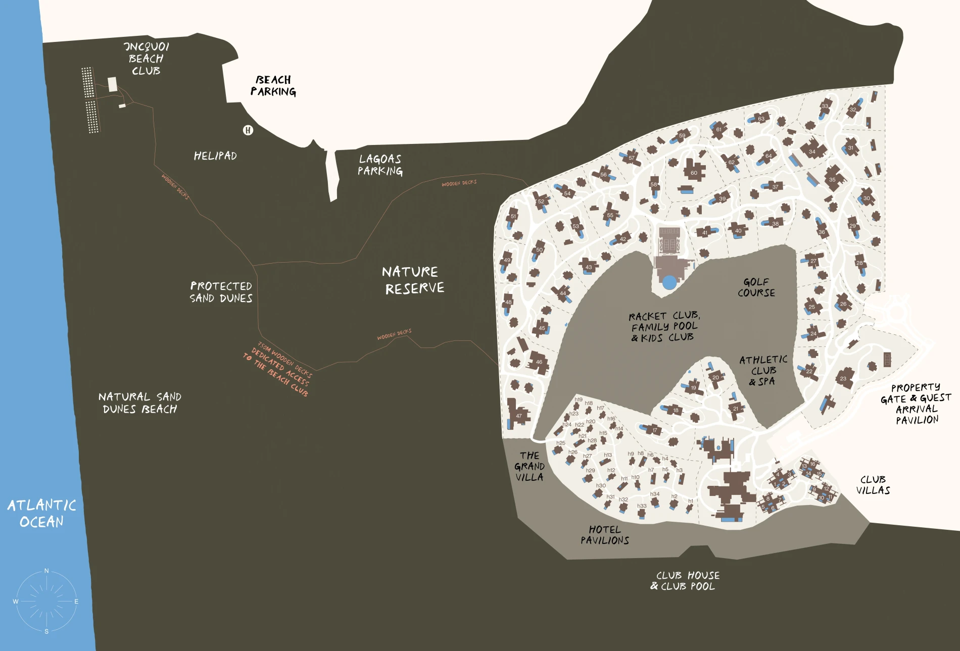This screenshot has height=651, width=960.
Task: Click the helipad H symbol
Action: (x=248, y=130)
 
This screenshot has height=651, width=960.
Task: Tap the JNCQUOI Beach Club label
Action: (x=146, y=59)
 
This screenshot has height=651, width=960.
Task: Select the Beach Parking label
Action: (x=273, y=86)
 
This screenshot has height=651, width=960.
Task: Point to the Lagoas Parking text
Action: (x=380, y=165)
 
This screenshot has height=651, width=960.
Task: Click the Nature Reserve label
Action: (x=413, y=280)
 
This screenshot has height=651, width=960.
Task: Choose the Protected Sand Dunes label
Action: (x=221, y=292)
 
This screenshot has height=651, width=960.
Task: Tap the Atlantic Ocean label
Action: (x=41, y=513)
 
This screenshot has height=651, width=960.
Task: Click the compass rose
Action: (x=46, y=601)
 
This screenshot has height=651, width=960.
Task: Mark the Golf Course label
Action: (x=756, y=287)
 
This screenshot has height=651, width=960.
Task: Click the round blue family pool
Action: (x=669, y=282)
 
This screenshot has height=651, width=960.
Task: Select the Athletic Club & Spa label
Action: (x=763, y=370)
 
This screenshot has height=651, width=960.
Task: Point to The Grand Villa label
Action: (x=529, y=466)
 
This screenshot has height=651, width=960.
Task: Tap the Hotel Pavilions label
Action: (x=604, y=535)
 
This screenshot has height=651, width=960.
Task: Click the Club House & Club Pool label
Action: (x=685, y=581)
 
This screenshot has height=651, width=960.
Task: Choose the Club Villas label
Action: (x=873, y=485)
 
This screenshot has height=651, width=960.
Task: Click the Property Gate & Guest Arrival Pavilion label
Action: (x=916, y=404)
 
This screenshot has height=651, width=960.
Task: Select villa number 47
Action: (x=519, y=416)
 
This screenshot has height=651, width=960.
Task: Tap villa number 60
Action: (x=694, y=173)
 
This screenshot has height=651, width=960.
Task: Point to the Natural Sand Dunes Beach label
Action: (x=139, y=403)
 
